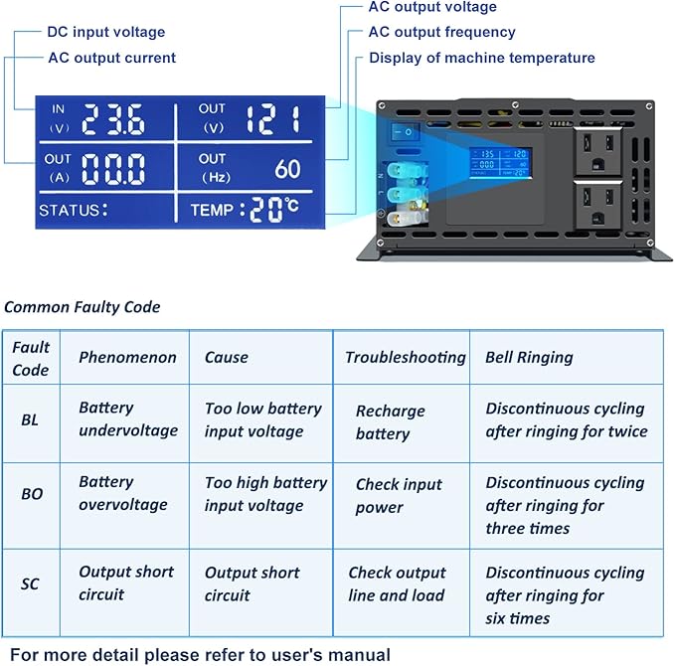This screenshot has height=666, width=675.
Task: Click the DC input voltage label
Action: tap(106, 32)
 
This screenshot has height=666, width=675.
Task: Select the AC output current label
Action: tap(112, 58)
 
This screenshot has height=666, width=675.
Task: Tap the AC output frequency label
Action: tap(441, 32)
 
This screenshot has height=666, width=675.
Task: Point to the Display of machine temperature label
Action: tap(482, 58)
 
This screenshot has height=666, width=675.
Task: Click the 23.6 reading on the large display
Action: tap(113, 119)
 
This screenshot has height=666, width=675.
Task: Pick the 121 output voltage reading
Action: tap(273, 119)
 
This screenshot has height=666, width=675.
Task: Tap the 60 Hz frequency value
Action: tap(287, 169)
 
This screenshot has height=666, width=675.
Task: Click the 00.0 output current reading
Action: tap(113, 169)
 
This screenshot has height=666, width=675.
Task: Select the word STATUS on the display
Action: tap(70, 210)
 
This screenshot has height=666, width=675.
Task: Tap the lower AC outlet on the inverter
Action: tap(597, 205)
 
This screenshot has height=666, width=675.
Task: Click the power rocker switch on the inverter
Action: tap(405, 132)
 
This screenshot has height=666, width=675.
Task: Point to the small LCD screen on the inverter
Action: tap(500, 163)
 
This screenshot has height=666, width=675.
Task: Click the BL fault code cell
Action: tap(30, 419)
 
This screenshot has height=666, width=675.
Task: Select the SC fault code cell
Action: tap(30, 583)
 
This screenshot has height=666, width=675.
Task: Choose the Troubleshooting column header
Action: tap(405, 357)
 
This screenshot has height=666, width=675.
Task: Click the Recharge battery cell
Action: tap(390, 422)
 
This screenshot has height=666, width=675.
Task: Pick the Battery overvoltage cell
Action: tap(123, 493)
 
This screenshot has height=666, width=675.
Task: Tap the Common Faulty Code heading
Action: tap(82, 307)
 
